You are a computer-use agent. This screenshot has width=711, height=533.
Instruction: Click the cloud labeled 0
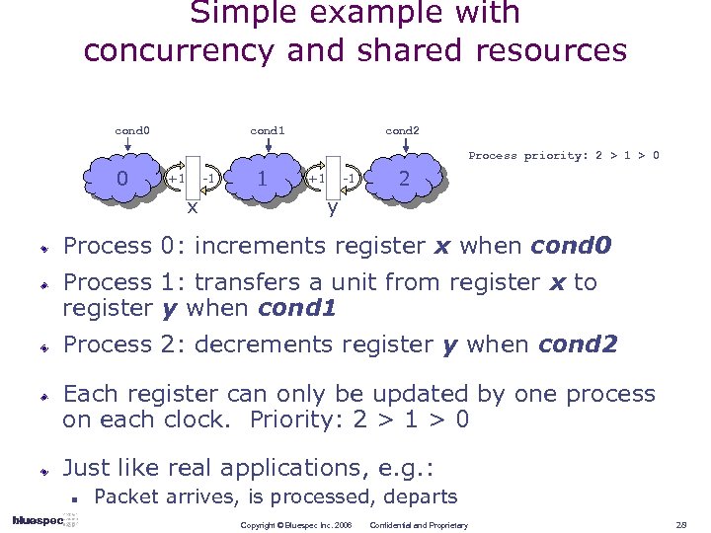[x=122, y=181]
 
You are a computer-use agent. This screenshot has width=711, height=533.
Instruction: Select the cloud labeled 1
[x=261, y=181]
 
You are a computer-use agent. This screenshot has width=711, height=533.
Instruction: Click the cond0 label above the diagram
[x=132, y=130]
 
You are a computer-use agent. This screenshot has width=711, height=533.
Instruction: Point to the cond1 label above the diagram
[x=268, y=130]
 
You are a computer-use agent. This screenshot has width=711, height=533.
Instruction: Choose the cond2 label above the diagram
[x=402, y=130]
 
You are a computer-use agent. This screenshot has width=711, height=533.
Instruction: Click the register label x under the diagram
[x=193, y=207]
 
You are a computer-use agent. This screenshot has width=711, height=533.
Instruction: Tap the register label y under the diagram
[x=333, y=207]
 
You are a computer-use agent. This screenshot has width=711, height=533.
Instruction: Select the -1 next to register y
[x=349, y=178]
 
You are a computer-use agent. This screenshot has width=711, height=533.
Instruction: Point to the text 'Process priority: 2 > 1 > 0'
[x=564, y=155]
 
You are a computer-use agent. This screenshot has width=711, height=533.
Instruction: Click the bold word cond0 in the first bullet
[x=572, y=245]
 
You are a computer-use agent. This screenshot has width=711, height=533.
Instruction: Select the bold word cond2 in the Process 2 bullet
[x=578, y=344]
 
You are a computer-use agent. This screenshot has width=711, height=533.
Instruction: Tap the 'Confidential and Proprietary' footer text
[x=419, y=524]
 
